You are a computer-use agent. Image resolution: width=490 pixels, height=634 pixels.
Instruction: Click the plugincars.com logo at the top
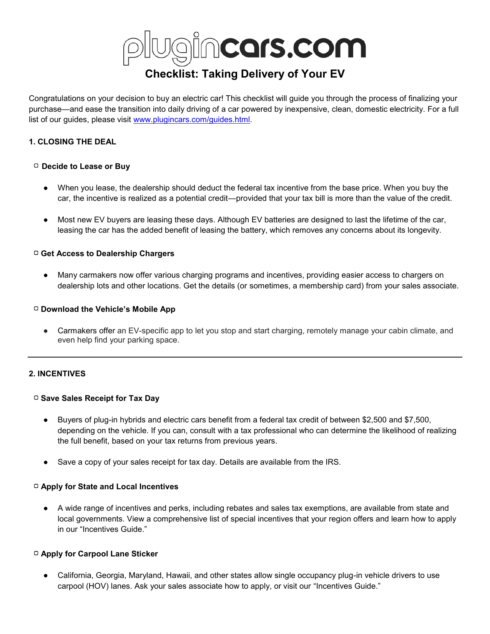(x=244, y=48)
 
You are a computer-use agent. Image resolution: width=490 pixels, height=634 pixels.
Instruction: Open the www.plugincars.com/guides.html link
(x=191, y=120)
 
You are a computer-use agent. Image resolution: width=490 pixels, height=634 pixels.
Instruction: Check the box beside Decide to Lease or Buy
(x=36, y=166)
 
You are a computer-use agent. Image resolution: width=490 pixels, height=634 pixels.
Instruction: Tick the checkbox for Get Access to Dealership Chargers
(x=36, y=253)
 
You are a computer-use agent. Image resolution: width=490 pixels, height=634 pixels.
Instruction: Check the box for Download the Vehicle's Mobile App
(x=36, y=309)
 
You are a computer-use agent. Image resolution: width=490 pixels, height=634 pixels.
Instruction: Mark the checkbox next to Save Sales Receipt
(x=36, y=398)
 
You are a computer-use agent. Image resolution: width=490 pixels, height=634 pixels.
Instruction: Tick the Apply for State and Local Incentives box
(x=36, y=486)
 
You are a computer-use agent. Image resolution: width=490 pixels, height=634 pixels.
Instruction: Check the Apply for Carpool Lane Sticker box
(x=36, y=553)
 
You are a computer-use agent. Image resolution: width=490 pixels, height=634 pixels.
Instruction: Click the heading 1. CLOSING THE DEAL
(x=72, y=142)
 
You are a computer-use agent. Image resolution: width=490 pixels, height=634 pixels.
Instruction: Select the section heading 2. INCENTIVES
(x=57, y=374)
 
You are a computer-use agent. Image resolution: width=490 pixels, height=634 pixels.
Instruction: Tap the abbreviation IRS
(x=332, y=462)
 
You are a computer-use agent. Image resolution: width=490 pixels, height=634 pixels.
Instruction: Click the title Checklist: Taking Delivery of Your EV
(x=245, y=74)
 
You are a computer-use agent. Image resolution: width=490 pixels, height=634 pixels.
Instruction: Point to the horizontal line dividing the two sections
(x=245, y=357)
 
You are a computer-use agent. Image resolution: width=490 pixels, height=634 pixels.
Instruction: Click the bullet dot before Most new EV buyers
(x=46, y=220)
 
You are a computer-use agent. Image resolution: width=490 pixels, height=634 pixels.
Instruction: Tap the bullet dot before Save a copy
(x=46, y=462)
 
